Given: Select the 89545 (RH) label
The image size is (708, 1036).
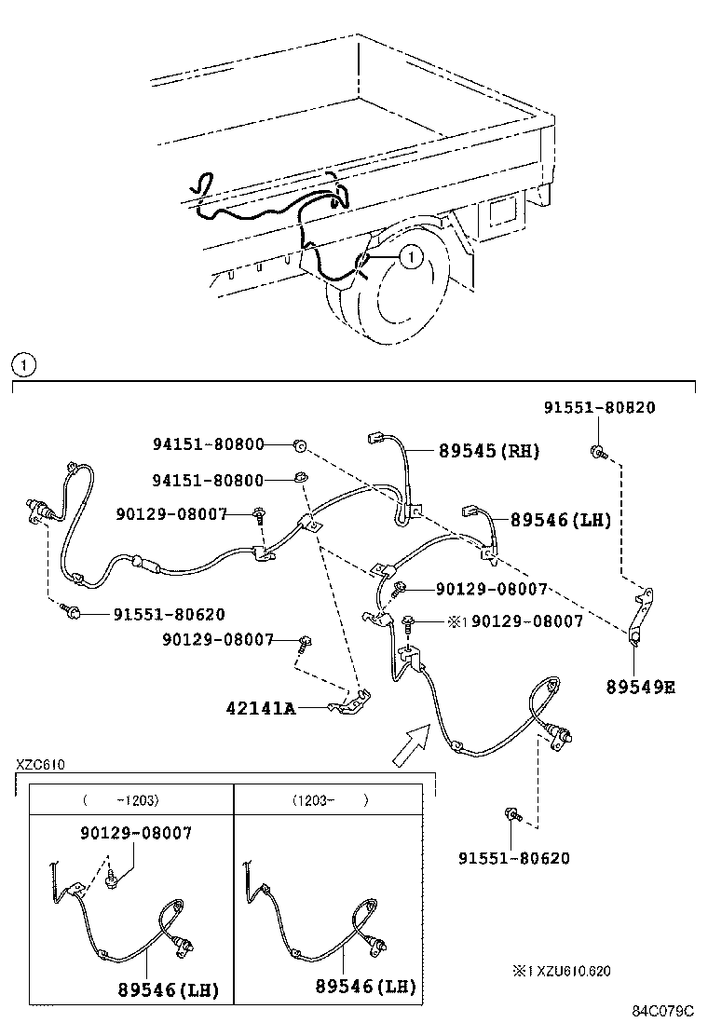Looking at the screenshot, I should pyautogui.click(x=488, y=451).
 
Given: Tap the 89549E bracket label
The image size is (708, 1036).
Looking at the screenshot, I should pyautogui.click(x=640, y=688).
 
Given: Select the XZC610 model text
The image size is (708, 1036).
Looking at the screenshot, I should pyautogui.click(x=39, y=765).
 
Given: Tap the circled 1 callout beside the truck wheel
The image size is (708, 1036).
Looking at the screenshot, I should pyautogui.click(x=412, y=253).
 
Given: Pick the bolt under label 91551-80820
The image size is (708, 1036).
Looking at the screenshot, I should pyautogui.click(x=596, y=453).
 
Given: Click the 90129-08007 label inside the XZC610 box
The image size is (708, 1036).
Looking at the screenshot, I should pyautogui.click(x=136, y=833).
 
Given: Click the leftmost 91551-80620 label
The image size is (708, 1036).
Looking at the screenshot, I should pyautogui.click(x=169, y=614).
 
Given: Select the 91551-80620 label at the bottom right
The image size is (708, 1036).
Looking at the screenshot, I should pyautogui.click(x=513, y=858).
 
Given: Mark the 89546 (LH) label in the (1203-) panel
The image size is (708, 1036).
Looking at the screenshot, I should pyautogui.click(x=365, y=987).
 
